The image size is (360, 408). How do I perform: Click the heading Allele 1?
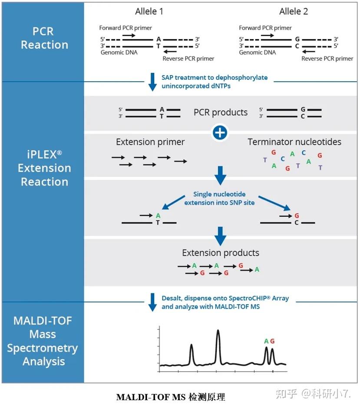149,11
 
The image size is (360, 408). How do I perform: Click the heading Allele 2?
294,11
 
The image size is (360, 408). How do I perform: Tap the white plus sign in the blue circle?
220,133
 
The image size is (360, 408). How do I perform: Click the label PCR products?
221,113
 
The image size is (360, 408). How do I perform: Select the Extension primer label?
150,142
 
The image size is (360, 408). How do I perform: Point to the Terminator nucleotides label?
294,142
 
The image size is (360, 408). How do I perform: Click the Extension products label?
221,253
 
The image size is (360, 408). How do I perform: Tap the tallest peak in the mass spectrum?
218,331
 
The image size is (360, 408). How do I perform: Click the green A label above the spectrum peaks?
266,341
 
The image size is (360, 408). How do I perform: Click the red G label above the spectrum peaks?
272,341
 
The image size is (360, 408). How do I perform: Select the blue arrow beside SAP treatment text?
152,82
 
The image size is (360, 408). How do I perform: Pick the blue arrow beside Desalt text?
152,302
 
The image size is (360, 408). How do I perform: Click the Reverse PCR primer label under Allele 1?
188,59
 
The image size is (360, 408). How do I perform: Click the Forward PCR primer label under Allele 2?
265,28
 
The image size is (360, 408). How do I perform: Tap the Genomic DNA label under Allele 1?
119,53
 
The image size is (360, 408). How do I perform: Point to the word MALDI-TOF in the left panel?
43,321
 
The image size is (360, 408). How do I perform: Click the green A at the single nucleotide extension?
158,216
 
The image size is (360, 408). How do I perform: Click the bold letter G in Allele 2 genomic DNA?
297,39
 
